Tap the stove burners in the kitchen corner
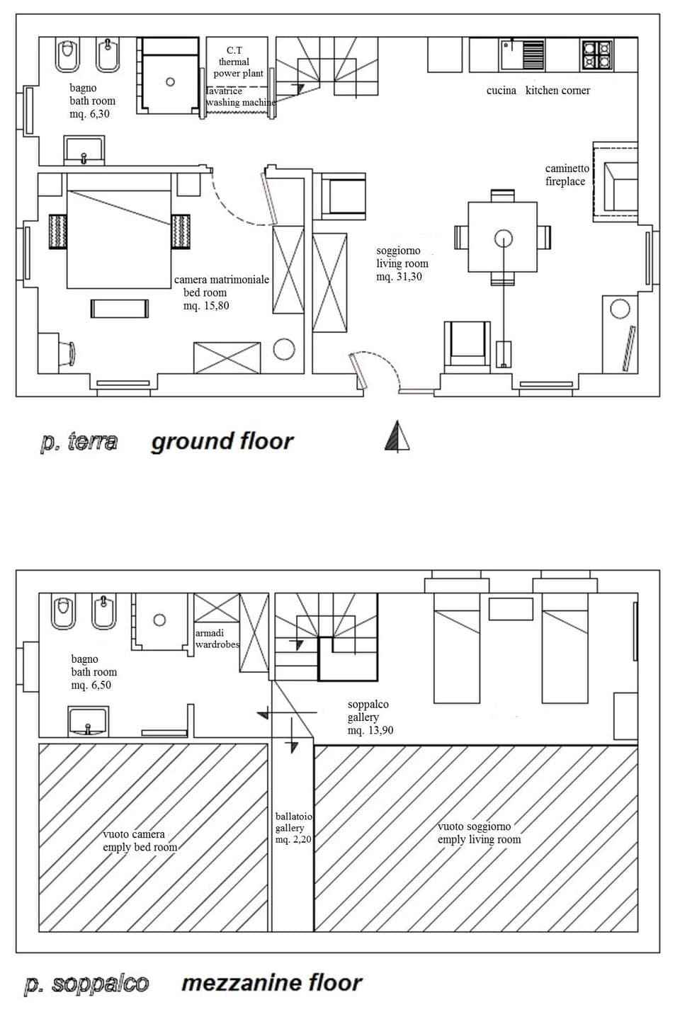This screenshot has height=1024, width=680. pyautogui.click(x=596, y=55)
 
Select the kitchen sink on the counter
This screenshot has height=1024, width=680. pyautogui.click(x=522, y=54)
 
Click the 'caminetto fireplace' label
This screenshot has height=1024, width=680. pyautogui.click(x=566, y=175)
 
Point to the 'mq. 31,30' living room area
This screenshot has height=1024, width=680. pyautogui.click(x=399, y=277)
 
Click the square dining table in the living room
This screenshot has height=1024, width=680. pyautogui.click(x=502, y=237)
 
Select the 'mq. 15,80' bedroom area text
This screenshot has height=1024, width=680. pyautogui.click(x=205, y=306)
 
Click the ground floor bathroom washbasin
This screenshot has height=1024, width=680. pyautogui.click(x=84, y=151)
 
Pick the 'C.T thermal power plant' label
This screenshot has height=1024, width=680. pyautogui.click(x=237, y=62)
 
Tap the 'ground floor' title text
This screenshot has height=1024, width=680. pyautogui.click(x=222, y=441)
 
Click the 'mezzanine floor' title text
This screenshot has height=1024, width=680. pyautogui.click(x=271, y=983)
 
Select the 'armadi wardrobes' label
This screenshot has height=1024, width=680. pyautogui.click(x=217, y=639)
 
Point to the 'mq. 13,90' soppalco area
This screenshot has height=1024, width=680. pyautogui.click(x=370, y=730)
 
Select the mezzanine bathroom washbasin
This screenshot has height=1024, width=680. pyautogui.click(x=88, y=721)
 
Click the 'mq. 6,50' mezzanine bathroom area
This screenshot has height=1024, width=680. pyautogui.click(x=91, y=685)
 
